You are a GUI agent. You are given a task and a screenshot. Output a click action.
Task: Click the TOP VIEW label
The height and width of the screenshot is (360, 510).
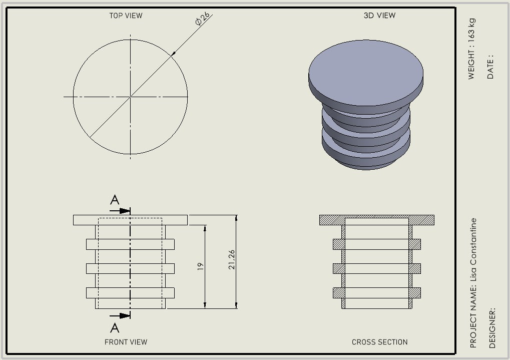(x=126, y=16)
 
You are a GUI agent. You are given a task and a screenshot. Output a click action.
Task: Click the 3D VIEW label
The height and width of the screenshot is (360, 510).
(x=379, y=16)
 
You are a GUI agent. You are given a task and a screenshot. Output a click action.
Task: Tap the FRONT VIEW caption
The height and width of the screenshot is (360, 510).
(x=126, y=342)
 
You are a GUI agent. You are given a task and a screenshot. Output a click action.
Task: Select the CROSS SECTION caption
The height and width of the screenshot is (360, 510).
(x=379, y=342)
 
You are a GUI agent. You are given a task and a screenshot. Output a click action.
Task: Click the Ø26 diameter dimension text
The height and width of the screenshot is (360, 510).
(x=203, y=19)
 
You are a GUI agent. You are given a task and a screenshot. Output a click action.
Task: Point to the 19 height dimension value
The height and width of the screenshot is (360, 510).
(x=200, y=266)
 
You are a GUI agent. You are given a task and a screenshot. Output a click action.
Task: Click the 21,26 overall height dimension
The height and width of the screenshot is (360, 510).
(x=232, y=260)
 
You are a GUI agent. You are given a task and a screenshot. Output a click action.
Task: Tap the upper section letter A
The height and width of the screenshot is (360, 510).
(x=115, y=200)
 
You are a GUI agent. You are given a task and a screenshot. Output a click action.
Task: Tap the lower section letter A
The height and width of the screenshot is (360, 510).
(x=115, y=328)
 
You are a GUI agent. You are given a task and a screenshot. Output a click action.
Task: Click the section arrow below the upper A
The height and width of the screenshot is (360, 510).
(x=120, y=211)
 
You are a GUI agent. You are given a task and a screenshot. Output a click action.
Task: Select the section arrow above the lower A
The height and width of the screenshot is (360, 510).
(x=120, y=316)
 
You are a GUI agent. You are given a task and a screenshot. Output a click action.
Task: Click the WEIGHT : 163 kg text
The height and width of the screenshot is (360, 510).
(x=471, y=49)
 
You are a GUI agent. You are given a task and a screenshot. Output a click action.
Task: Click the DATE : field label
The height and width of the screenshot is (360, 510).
(x=490, y=67)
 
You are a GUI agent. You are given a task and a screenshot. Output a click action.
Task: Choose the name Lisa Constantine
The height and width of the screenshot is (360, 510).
(x=473, y=250)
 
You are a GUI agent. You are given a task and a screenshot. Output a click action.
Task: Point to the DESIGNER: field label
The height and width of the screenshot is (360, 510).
(x=492, y=328)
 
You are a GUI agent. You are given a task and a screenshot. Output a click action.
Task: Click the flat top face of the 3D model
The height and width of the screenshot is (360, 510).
(x=366, y=73)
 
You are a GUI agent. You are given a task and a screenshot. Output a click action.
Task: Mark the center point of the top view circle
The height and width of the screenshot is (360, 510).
(x=131, y=97)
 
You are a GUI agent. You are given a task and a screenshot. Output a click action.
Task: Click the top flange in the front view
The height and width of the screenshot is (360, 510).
(x=131, y=220)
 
